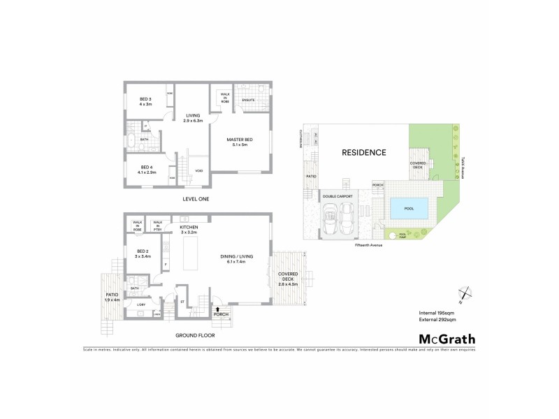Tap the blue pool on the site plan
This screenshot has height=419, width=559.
coord(406,207)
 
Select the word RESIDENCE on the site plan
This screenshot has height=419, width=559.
coord(363,152)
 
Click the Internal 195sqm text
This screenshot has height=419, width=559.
coord(436,311)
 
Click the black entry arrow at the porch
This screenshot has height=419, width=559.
coord(218,307)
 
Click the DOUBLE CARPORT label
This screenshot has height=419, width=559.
coord(338,197)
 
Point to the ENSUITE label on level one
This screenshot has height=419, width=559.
coord(249,101)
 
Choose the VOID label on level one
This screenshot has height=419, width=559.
coord(199,170)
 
